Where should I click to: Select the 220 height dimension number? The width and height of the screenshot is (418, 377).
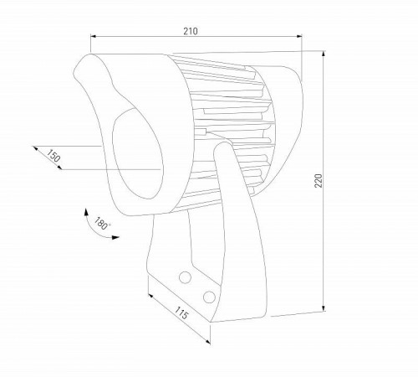pos(318,182)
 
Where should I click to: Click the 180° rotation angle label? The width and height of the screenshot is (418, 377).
pos(102,224)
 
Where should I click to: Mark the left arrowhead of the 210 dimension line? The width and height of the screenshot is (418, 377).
pos(91,37)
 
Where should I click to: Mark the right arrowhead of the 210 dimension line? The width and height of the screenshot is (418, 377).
pos(301,37)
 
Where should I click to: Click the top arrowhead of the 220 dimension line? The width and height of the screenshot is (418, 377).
pos(324,53)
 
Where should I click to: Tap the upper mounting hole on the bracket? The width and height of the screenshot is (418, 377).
pos(185,276)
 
